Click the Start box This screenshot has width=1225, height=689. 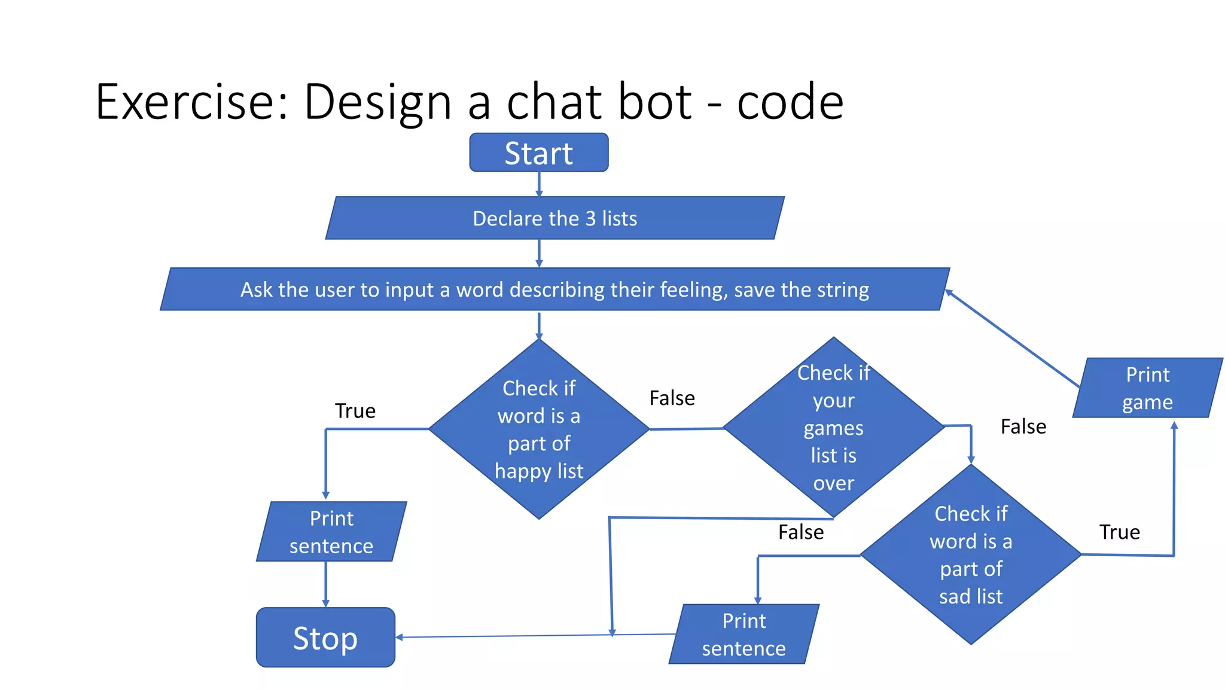538,153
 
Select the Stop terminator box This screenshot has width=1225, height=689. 325,638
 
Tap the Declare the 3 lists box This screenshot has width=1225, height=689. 554,218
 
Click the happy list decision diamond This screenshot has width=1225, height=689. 539,429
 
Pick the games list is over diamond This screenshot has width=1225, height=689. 833,428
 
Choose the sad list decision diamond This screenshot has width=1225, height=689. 970,554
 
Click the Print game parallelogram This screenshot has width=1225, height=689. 1147,388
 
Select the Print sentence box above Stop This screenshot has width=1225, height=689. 331,532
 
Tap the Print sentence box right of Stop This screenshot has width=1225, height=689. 743,634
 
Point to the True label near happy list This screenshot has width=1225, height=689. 355,411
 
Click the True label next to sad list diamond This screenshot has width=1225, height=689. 1119,532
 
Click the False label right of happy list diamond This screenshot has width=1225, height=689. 672,398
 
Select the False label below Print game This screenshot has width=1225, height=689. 1023,426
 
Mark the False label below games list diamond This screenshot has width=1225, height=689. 800,532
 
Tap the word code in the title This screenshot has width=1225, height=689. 790,102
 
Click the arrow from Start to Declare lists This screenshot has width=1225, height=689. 539,184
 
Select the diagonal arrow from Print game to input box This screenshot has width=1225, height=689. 1011,339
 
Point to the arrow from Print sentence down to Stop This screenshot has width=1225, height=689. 325,584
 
